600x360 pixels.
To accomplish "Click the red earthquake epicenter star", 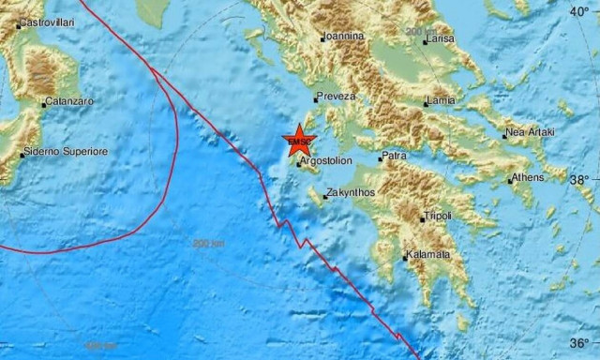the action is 298,142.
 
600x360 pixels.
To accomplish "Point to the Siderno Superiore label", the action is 67,151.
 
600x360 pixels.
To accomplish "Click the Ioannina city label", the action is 342,37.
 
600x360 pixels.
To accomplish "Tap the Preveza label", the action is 337,96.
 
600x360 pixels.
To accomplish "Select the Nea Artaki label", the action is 531,132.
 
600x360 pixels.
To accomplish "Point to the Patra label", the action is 394,157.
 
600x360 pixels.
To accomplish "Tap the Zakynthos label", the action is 351,194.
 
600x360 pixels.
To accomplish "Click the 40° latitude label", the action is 580,11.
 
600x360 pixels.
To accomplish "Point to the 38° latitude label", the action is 580,179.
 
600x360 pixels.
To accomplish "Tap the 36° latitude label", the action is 580,342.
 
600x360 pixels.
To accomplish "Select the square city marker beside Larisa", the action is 426,41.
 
